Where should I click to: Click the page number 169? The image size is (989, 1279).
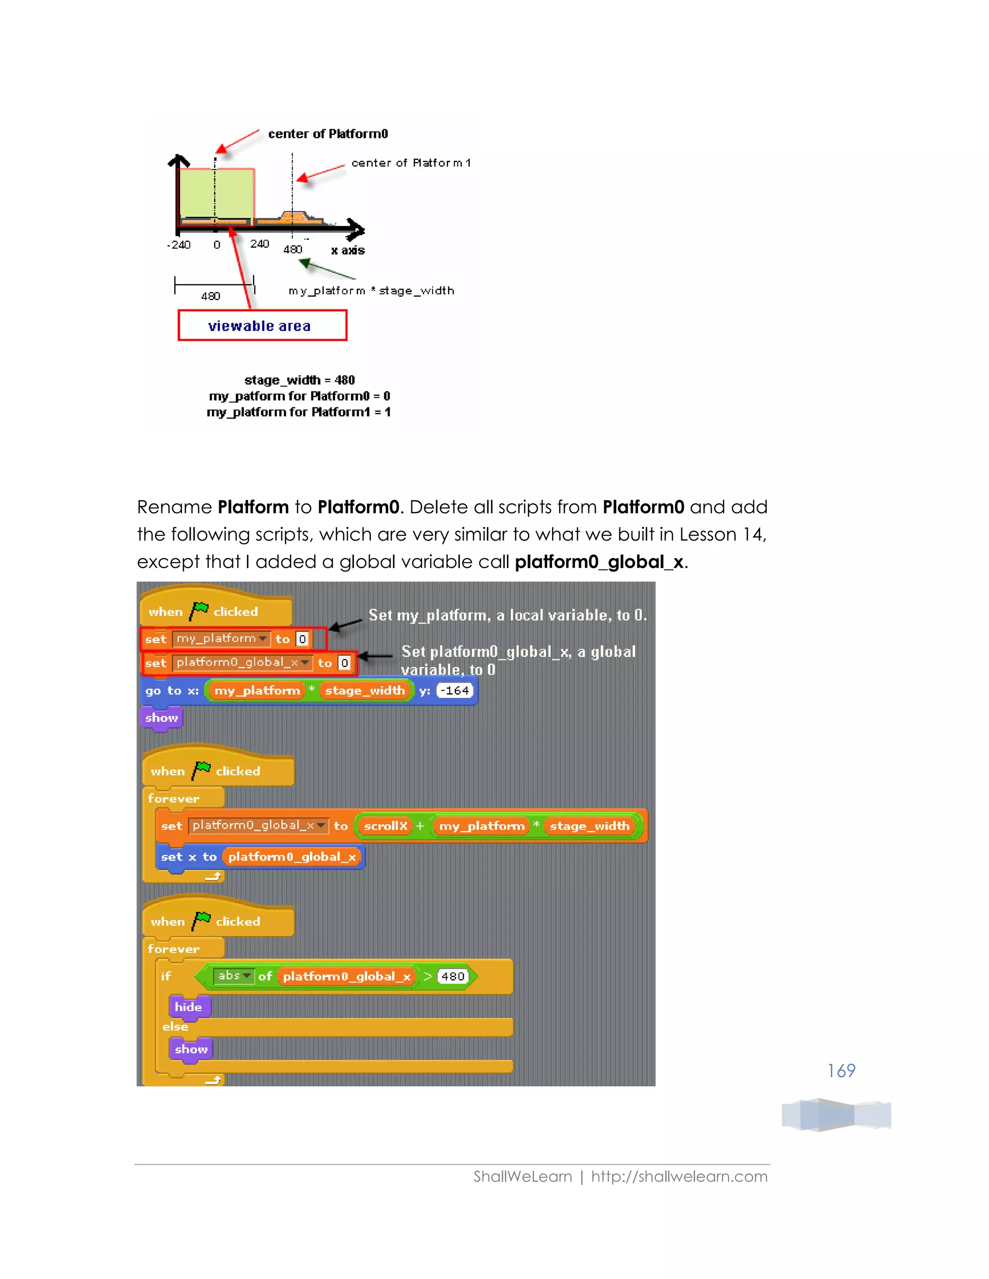click(841, 1070)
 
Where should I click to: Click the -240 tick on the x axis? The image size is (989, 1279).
click(179, 245)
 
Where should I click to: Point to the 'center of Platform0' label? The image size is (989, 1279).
click(328, 134)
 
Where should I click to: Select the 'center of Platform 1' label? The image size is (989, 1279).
click(411, 163)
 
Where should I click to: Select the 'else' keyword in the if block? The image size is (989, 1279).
click(175, 1027)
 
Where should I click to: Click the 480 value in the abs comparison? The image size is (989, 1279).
click(453, 976)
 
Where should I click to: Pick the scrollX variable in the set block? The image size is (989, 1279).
click(385, 826)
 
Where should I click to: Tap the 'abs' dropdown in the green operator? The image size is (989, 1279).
click(234, 975)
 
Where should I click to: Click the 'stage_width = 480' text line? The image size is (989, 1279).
click(299, 380)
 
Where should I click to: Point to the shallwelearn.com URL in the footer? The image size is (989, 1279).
click(679, 1177)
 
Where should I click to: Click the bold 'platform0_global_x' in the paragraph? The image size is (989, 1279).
click(599, 562)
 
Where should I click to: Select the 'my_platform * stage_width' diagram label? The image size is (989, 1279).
click(371, 291)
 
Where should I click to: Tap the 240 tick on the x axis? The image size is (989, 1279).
click(259, 244)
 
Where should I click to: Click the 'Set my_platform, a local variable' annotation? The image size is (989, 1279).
click(508, 615)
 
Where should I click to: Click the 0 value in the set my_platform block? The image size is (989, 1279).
click(302, 639)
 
